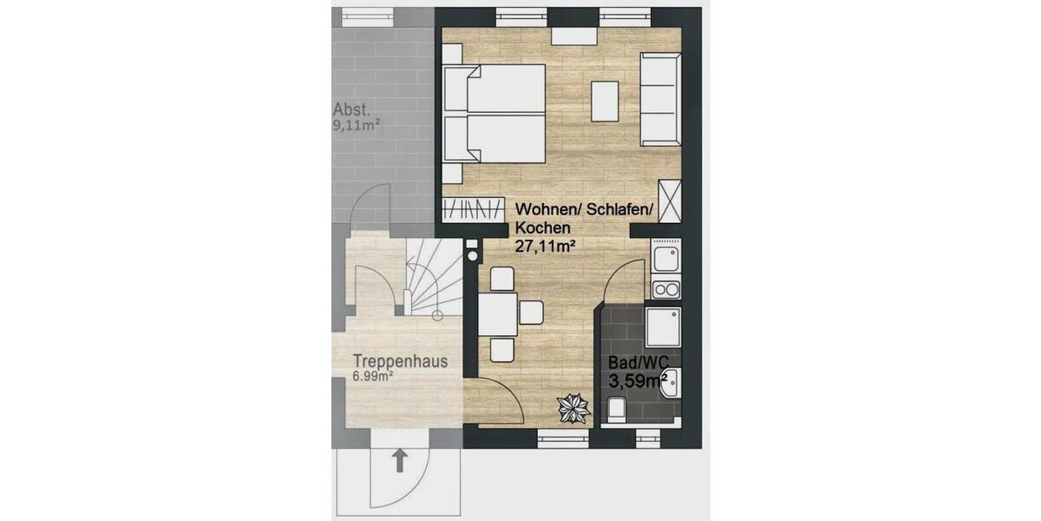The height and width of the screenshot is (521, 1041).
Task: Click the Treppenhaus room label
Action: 401,360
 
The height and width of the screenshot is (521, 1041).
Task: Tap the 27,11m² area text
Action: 547,246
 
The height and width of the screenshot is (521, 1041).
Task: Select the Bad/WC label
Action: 631,360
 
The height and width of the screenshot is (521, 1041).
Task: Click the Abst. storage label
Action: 352,110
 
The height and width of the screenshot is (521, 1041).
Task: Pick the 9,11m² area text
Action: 357,125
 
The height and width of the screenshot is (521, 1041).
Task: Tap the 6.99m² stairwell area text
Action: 374,376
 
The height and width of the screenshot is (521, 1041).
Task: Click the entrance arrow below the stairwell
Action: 399,459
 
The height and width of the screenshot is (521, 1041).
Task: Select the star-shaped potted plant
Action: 572,406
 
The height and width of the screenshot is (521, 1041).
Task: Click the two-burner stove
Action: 665,290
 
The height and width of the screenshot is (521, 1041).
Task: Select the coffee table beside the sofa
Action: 606,101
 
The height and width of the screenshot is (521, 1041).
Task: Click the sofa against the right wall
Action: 661,99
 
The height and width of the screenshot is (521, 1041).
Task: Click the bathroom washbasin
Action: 671,381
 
